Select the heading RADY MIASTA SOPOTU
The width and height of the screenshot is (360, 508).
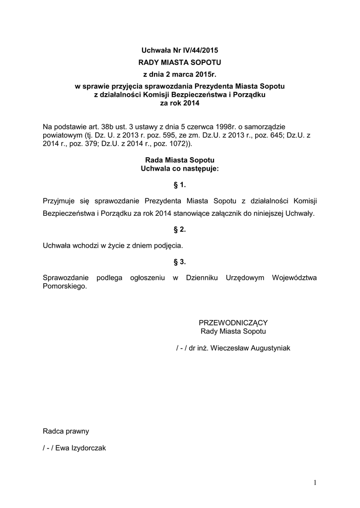pos(179,63)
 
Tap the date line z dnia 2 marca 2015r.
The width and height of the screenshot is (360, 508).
pos(179,75)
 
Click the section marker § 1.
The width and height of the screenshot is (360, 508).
pos(180,185)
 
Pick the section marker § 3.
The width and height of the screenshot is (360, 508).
pos(180,261)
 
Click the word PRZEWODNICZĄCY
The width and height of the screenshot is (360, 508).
pos(233,322)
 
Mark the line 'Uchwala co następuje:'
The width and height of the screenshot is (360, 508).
pos(179,169)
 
